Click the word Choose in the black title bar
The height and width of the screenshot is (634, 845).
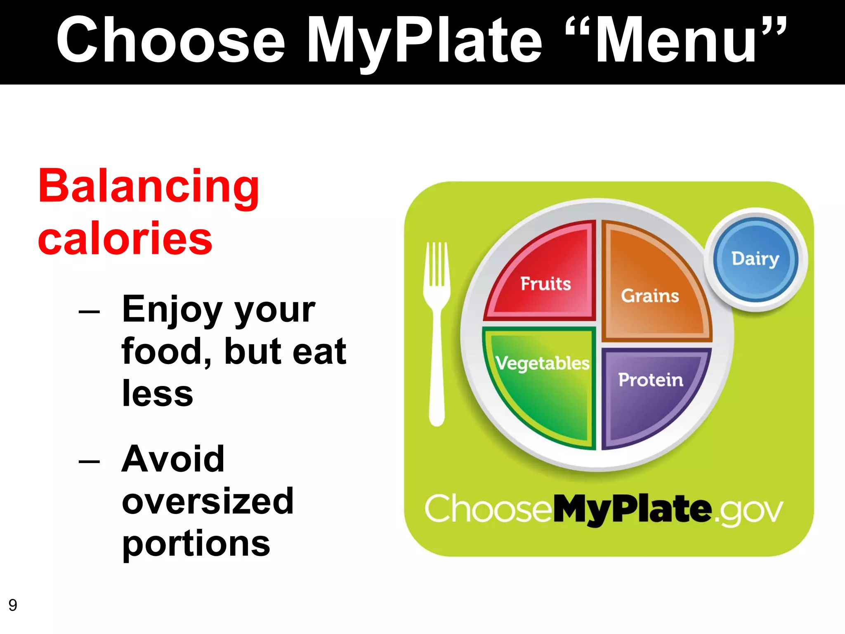tap(170, 40)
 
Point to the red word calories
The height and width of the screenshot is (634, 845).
tap(125, 238)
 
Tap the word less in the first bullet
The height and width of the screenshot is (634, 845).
tap(157, 393)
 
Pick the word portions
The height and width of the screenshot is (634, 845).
tap(196, 544)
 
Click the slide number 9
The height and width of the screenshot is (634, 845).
tap(13, 605)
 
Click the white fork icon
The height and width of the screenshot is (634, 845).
tap(437, 330)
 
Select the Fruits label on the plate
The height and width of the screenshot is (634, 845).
tap(545, 284)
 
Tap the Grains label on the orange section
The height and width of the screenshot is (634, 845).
tap(650, 296)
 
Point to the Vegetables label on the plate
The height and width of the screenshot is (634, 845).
tap(542, 363)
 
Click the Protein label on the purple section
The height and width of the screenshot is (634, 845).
tap(650, 380)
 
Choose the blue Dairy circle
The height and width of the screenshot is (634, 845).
tap(755, 259)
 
